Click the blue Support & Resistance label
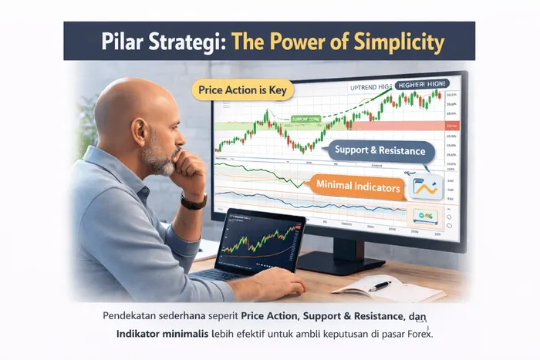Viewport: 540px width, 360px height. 380,151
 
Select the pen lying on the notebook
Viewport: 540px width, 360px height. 380,285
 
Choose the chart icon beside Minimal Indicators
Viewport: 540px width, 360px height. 425,186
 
